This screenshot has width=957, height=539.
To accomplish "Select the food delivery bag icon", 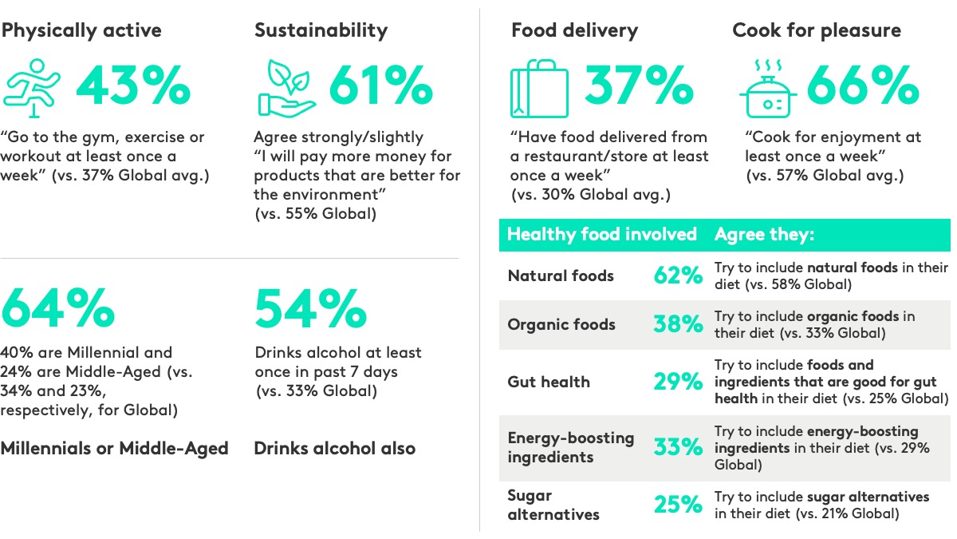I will point(539,89).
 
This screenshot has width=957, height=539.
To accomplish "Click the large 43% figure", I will point(133,85).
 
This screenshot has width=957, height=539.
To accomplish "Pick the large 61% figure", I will point(380,85).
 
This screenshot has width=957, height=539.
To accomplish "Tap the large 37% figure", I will point(639,85).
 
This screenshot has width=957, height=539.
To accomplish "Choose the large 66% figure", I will point(863,85).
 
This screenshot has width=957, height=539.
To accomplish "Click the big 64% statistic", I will point(57,309).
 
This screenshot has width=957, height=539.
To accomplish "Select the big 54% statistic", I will point(310,309).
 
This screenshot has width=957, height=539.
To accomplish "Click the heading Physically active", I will point(81,30).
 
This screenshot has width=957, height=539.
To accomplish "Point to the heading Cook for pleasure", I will point(817,30).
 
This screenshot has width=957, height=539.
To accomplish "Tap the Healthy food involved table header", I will point(602,234).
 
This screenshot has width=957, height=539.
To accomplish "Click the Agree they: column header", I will point(764,234).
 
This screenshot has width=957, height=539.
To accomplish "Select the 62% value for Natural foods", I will point(678,276).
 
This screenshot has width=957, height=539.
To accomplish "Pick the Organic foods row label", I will point(561,324).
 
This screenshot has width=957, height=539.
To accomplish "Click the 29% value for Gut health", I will point(678,382).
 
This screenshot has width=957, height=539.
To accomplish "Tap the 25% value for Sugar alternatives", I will point(678,504).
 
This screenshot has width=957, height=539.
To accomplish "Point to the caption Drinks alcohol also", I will point(334,448).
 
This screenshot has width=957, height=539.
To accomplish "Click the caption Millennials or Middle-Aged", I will point(115,448).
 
